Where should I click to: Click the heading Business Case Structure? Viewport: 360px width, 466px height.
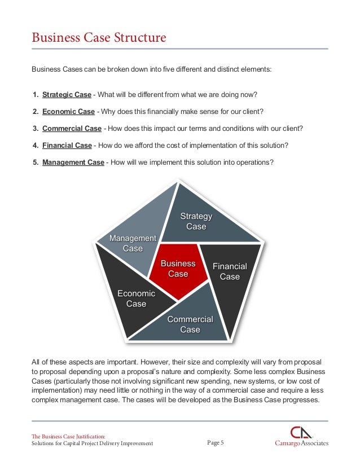[x=99, y=38]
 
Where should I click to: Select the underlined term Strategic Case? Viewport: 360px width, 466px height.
[x=67, y=94]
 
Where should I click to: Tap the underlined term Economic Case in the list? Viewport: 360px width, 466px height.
[x=68, y=111]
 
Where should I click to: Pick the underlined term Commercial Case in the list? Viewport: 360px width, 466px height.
[x=72, y=128]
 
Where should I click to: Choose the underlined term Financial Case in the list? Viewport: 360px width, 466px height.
[x=67, y=145]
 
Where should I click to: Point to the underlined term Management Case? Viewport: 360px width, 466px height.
[x=73, y=162]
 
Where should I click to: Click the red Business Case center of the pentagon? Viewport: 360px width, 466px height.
[x=178, y=269]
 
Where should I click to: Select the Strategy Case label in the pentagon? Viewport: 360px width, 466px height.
[x=196, y=221]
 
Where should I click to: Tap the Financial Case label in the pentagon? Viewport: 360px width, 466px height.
[x=230, y=271]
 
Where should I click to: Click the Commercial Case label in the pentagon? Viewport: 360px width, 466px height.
[x=190, y=324]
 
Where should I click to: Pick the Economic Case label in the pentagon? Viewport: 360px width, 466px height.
[x=136, y=298]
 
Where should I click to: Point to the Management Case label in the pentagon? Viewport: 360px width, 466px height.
[x=133, y=243]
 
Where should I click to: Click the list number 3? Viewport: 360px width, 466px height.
[x=35, y=128]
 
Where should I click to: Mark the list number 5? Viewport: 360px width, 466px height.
[x=35, y=162]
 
